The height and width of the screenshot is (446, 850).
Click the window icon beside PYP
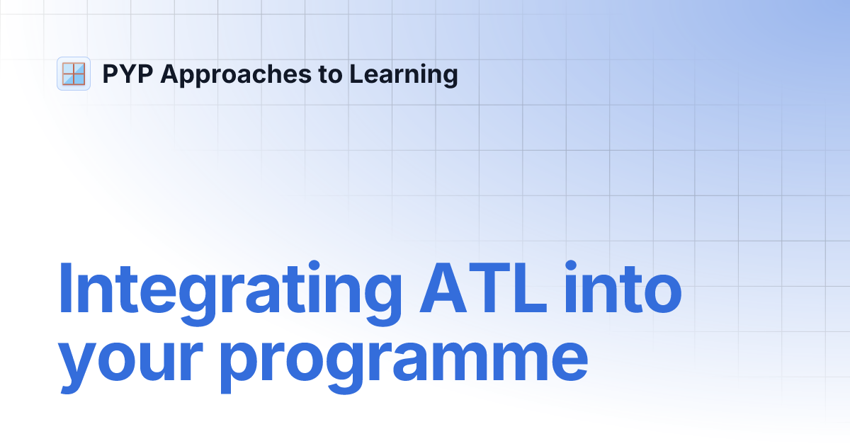(73, 74)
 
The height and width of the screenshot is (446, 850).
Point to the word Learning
(403, 74)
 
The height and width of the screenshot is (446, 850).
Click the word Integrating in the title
(227, 290)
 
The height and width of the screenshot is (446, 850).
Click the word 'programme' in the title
(404, 358)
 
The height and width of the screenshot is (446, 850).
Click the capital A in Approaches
(169, 74)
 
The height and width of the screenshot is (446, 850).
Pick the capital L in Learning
(354, 74)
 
